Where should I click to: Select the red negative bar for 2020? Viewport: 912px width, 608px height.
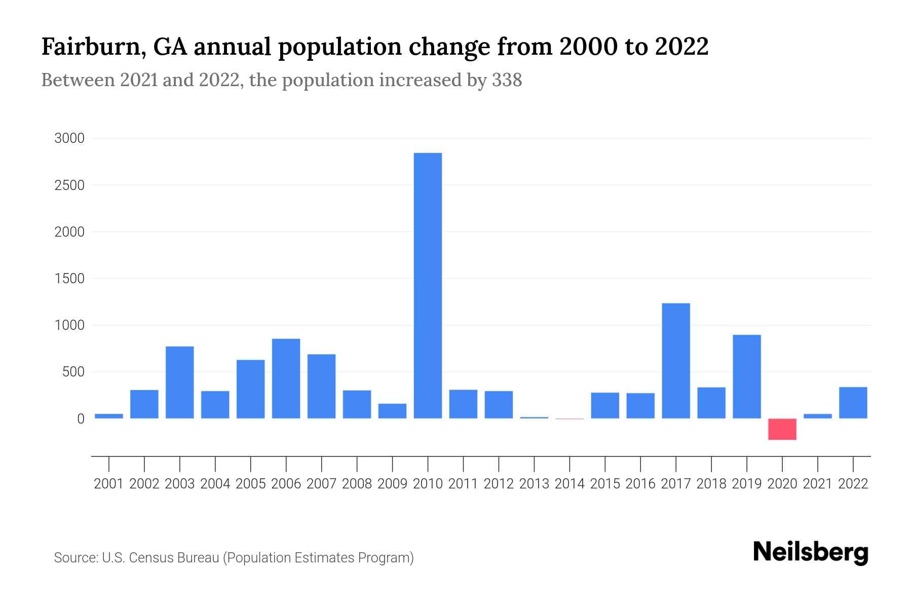pyautogui.click(x=782, y=429)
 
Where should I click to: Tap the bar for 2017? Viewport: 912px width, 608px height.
pyautogui.click(x=676, y=361)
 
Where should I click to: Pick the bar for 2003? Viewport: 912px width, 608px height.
pyautogui.click(x=180, y=382)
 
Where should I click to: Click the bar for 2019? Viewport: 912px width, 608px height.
pyautogui.click(x=747, y=376)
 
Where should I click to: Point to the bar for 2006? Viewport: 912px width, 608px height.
pyautogui.click(x=286, y=378)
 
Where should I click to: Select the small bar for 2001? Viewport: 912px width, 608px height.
pyautogui.click(x=109, y=416)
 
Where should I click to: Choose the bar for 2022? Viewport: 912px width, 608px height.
pyautogui.click(x=853, y=403)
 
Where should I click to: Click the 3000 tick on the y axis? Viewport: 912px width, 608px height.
pyautogui.click(x=69, y=138)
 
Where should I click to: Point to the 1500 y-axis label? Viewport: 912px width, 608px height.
pyautogui.click(x=69, y=279)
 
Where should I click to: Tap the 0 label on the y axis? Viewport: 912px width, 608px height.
pyautogui.click(x=81, y=419)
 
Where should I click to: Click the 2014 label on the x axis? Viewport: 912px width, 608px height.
pyautogui.click(x=569, y=484)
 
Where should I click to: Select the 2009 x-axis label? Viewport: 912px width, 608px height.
pyautogui.click(x=392, y=484)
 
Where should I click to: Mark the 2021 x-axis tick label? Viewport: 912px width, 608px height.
pyautogui.click(x=817, y=484)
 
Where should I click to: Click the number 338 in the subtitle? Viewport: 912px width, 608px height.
pyautogui.click(x=507, y=80)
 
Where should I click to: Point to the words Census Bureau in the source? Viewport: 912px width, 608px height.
pyautogui.click(x=175, y=558)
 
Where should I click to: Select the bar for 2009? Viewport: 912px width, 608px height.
pyautogui.click(x=392, y=411)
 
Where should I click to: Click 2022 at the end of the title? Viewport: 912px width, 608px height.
pyautogui.click(x=681, y=47)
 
